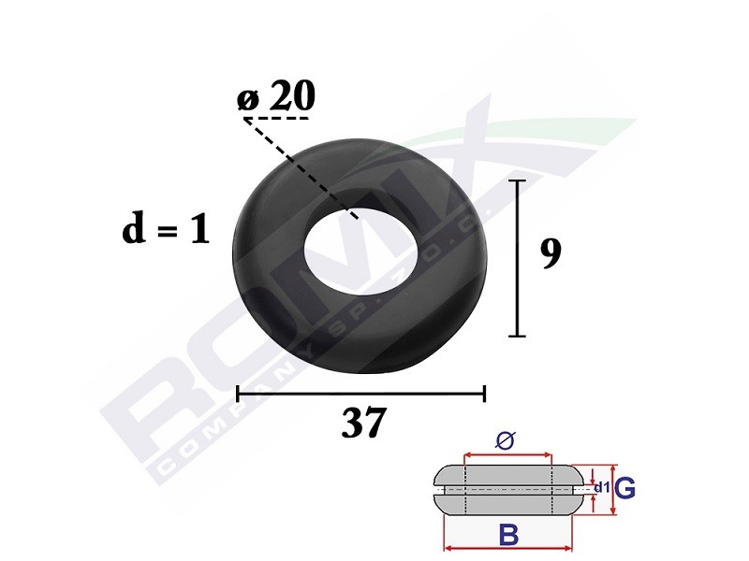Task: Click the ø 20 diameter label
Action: click(278, 96)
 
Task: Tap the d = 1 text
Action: click(166, 229)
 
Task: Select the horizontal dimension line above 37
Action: click(360, 394)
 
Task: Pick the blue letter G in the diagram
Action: click(626, 488)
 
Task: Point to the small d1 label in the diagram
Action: click(601, 487)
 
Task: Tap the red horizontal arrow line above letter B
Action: click(507, 548)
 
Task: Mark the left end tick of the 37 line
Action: click(238, 394)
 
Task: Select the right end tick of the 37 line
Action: click(484, 394)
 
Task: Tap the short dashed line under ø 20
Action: click(276, 119)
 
